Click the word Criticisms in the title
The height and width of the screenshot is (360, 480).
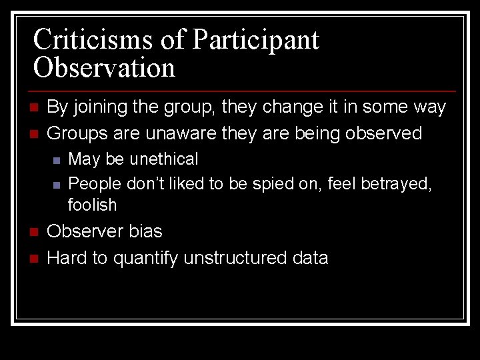pyautogui.click(x=95, y=39)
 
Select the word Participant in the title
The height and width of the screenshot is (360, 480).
pyautogui.click(x=255, y=40)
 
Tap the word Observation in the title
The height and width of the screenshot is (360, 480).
pyautogui.click(x=104, y=68)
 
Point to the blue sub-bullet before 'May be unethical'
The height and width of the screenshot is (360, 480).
pyautogui.click(x=57, y=160)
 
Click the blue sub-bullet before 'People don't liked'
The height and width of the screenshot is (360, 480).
pyautogui.click(x=57, y=184)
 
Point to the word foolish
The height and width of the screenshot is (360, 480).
pyautogui.click(x=92, y=205)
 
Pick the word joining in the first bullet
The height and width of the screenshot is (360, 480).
pyautogui.click(x=101, y=107)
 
